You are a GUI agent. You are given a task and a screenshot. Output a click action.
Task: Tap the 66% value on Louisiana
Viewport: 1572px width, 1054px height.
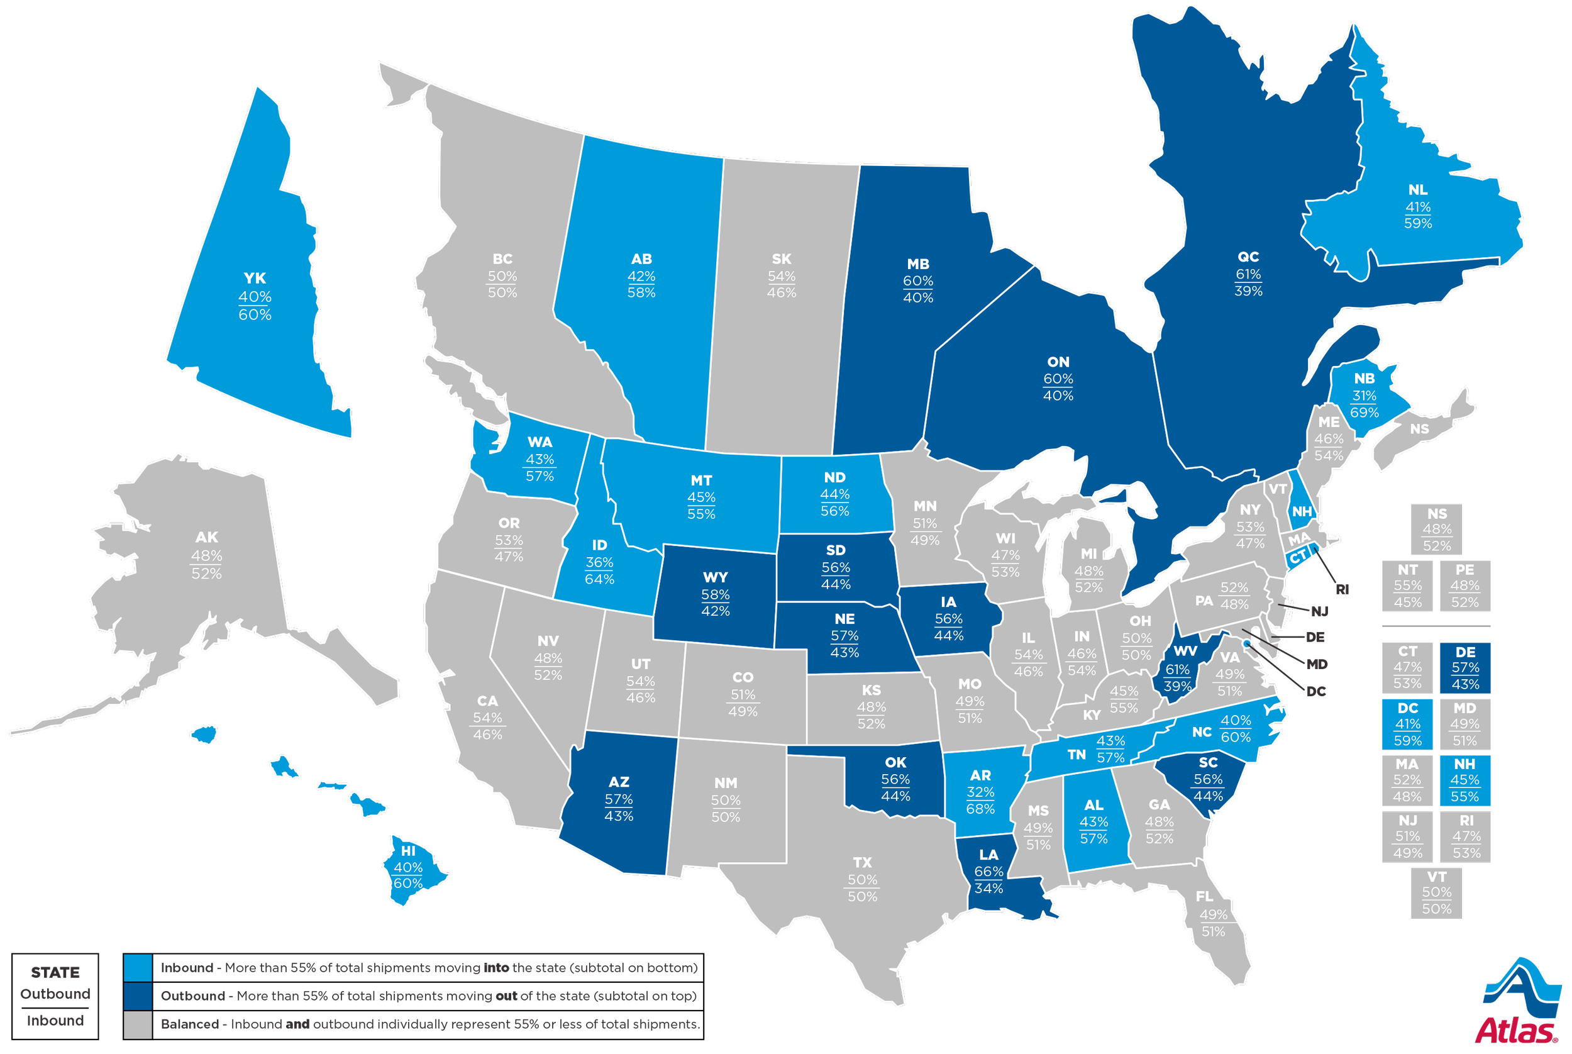(988, 871)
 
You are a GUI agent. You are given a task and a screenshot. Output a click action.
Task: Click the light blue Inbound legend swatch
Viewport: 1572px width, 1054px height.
(138, 968)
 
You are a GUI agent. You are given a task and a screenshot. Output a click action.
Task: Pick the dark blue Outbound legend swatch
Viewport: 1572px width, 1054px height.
(138, 997)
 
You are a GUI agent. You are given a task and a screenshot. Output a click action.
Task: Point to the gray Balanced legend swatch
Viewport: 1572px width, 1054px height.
(138, 1025)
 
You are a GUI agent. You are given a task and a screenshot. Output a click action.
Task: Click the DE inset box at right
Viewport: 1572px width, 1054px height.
(1465, 667)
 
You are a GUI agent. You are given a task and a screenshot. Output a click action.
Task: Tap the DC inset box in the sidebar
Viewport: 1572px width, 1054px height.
(1408, 724)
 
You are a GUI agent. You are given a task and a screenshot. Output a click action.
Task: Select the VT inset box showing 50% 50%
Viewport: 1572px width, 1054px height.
(1436, 892)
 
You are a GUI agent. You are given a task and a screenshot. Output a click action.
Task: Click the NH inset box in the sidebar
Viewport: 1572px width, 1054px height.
(1465, 780)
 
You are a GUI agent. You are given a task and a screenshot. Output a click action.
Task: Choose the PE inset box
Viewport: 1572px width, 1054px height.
(1465, 585)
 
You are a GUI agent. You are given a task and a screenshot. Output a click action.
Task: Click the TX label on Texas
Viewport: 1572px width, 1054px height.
(862, 862)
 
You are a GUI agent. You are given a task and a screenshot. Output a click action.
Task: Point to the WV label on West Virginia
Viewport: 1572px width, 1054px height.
(1185, 651)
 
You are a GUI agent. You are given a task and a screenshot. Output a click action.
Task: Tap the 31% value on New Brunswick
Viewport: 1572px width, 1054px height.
(1364, 395)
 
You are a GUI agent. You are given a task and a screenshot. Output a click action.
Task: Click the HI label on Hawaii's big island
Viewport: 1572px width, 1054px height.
(408, 850)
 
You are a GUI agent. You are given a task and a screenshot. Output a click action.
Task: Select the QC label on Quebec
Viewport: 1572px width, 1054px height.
(1248, 257)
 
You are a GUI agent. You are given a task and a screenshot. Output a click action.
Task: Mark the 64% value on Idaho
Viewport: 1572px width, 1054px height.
(599, 579)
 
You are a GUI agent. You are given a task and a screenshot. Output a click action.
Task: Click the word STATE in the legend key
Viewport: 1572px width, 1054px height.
(55, 972)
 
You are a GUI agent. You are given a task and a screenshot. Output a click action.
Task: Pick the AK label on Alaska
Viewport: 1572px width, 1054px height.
(206, 537)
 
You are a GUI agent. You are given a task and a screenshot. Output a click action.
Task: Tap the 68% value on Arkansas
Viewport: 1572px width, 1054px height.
(980, 808)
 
